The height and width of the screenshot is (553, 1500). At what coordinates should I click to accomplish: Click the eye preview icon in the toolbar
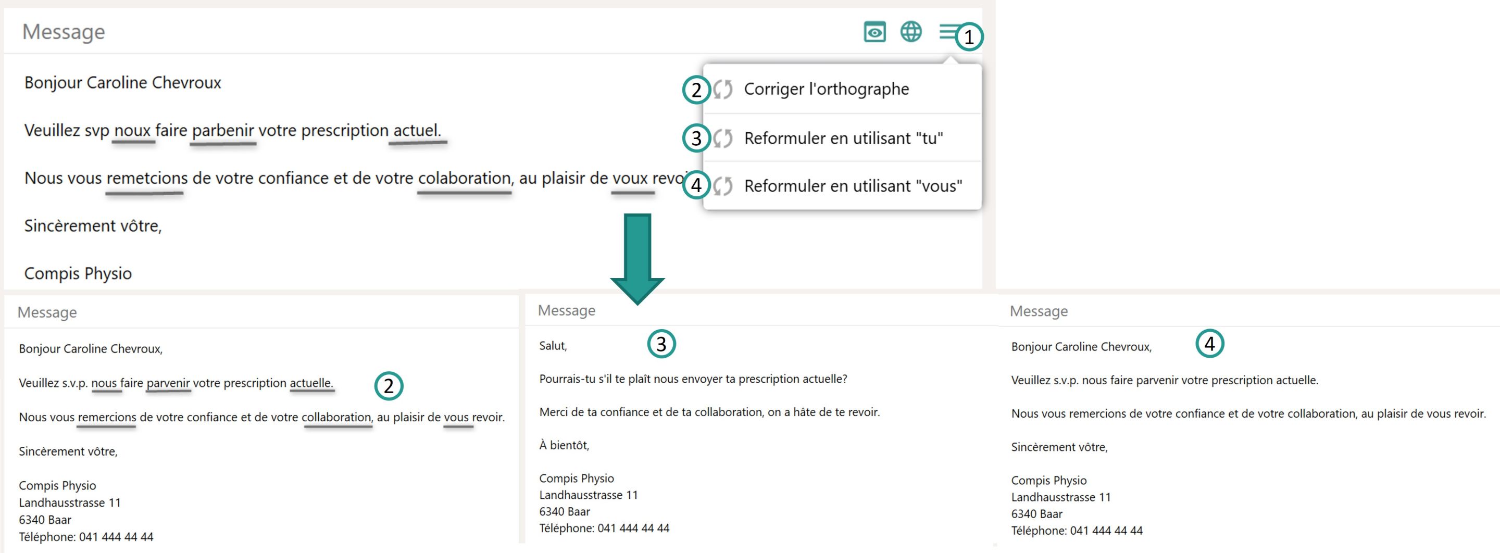point(874,32)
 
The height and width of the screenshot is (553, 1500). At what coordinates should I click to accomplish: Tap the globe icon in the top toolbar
point(911,31)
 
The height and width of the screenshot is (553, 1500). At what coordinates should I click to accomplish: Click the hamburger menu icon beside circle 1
point(947,32)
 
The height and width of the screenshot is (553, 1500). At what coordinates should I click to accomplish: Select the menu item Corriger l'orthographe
point(826,89)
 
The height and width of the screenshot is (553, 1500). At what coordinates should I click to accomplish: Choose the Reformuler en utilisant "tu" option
point(843,139)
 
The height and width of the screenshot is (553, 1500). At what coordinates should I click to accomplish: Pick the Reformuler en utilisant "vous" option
point(853,186)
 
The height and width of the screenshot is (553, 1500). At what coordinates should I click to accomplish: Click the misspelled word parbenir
point(223,130)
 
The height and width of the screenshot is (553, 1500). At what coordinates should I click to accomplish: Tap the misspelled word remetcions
point(147,178)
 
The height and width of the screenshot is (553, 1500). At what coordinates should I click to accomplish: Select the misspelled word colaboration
point(464,178)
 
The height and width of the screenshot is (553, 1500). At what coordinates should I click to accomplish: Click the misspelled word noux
point(133,130)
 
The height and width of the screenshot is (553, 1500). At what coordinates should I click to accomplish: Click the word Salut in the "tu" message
point(553,346)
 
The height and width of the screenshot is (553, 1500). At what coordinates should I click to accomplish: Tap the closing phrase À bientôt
point(564,445)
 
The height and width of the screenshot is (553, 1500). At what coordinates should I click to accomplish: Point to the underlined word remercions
point(107,418)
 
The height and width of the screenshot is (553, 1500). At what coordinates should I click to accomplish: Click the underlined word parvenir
point(168,383)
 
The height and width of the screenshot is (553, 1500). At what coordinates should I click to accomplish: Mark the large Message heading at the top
point(64,32)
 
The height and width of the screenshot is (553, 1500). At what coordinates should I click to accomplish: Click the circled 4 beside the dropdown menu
point(696,186)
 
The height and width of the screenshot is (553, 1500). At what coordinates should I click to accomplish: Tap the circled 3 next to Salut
point(661,344)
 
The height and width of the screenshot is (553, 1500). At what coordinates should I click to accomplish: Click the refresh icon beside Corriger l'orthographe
point(722,90)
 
